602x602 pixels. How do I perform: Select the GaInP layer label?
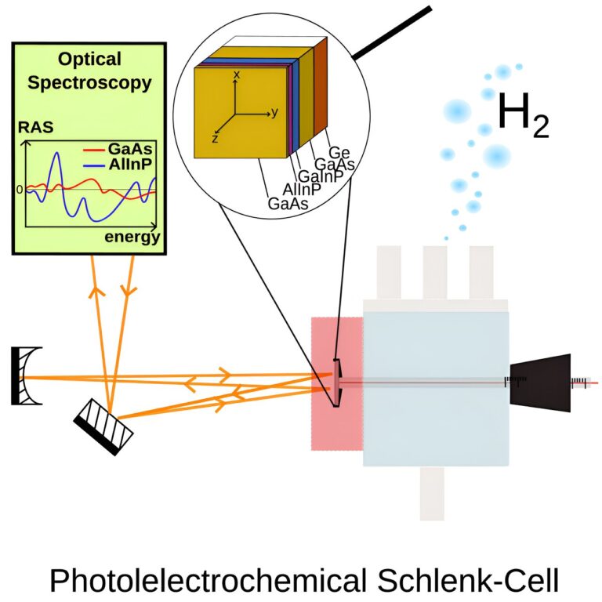click(x=317, y=177)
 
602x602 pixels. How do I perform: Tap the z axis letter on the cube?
click(x=214, y=137)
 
